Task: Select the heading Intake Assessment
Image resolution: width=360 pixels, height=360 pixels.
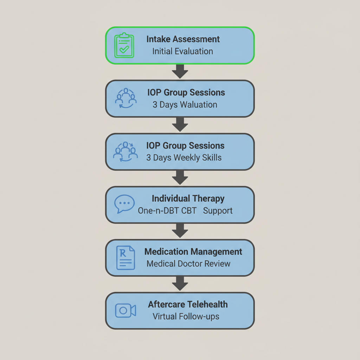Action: pyautogui.click(x=183, y=39)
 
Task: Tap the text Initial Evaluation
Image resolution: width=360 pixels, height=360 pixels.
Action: pyautogui.click(x=182, y=51)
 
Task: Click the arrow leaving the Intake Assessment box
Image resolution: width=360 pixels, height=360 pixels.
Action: pyautogui.click(x=180, y=72)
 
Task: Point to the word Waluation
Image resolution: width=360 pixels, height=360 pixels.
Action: pyautogui.click(x=199, y=104)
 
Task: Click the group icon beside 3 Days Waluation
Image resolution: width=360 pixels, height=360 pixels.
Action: pyautogui.click(x=126, y=98)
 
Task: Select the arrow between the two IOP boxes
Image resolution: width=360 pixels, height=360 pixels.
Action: pyautogui.click(x=180, y=124)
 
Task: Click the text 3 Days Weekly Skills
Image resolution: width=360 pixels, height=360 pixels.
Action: pyautogui.click(x=184, y=157)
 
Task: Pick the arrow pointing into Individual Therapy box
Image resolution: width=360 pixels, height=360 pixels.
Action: pyautogui.click(x=180, y=178)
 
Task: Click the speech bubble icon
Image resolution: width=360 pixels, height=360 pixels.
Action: pyautogui.click(x=124, y=204)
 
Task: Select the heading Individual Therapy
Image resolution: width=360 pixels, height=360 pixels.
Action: pyautogui.click(x=188, y=199)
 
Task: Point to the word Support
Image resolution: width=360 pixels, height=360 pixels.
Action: pyautogui.click(x=218, y=211)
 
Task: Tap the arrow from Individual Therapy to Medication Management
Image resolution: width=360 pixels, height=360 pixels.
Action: pyautogui.click(x=180, y=231)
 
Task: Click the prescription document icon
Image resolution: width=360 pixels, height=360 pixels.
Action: pyautogui.click(x=126, y=257)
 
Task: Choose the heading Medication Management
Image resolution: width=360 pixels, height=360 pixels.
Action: pyautogui.click(x=193, y=252)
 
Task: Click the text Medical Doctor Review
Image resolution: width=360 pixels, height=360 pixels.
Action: pyautogui.click(x=188, y=264)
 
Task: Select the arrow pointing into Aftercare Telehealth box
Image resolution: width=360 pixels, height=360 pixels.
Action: pyautogui.click(x=180, y=283)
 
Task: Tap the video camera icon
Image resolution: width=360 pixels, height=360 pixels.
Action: pyautogui.click(x=126, y=310)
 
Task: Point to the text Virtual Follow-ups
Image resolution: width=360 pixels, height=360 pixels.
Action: pyautogui.click(x=186, y=316)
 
